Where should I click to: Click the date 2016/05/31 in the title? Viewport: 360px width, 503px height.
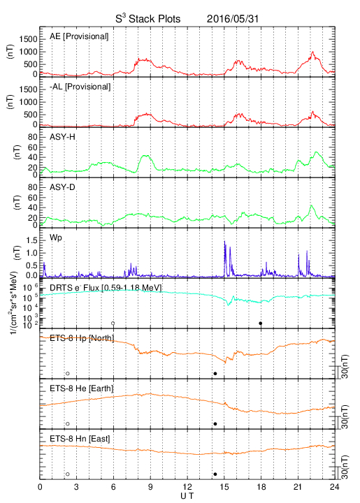233,19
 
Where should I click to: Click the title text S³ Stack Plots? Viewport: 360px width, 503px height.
148,19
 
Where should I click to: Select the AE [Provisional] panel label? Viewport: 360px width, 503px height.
79,36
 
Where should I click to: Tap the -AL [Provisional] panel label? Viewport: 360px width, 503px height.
80,87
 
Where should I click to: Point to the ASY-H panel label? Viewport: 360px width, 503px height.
62,137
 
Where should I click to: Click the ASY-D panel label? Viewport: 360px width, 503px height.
62,187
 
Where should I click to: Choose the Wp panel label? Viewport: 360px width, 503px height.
55,238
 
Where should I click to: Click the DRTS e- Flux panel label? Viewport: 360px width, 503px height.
106,288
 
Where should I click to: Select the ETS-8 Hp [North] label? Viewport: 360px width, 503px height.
82,338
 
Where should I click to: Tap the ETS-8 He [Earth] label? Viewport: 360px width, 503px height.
82,388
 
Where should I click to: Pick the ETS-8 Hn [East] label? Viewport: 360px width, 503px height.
80,439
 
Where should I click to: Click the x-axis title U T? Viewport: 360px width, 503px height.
187,496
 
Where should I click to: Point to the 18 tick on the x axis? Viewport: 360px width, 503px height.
261,487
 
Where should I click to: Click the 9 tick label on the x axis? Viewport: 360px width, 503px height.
150,487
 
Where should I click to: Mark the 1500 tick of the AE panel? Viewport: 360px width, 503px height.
28,39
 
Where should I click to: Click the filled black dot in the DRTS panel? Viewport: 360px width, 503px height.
261,323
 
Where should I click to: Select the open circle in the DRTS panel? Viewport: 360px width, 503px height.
113,323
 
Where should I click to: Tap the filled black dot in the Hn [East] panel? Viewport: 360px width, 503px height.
215,474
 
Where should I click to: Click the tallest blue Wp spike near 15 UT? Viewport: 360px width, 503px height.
224,241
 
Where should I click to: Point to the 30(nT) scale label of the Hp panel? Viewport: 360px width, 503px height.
345,366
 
